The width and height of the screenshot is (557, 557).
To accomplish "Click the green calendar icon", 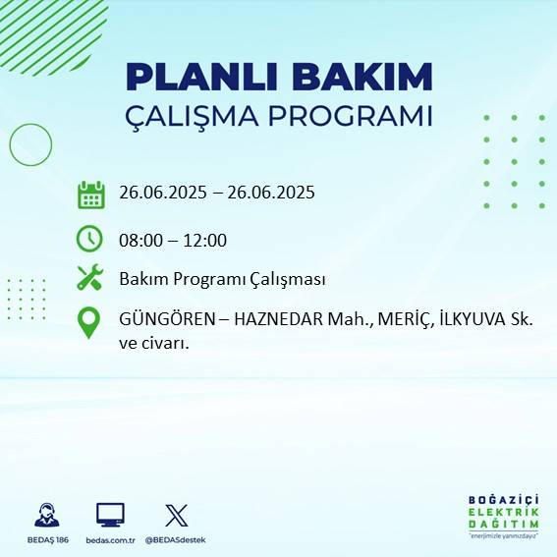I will coord(90,195).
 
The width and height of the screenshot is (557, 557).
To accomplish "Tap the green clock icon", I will coord(89,239).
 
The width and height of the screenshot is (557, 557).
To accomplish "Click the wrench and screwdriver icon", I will coord(90,278).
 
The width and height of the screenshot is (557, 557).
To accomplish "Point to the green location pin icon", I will coord(88,322).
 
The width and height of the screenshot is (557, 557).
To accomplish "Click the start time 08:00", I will coord(140,241).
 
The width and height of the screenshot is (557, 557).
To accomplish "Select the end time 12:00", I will coord(204,241).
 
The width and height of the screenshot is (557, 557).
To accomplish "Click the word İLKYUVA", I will coord(473,320).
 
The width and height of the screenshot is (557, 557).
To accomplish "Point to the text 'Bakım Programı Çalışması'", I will coord(222,280).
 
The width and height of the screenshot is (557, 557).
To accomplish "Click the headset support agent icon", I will coord(45,516).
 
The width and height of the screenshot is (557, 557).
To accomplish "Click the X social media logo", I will coord(176,516).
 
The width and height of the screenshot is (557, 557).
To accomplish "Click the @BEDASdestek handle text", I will coord(176,540).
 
